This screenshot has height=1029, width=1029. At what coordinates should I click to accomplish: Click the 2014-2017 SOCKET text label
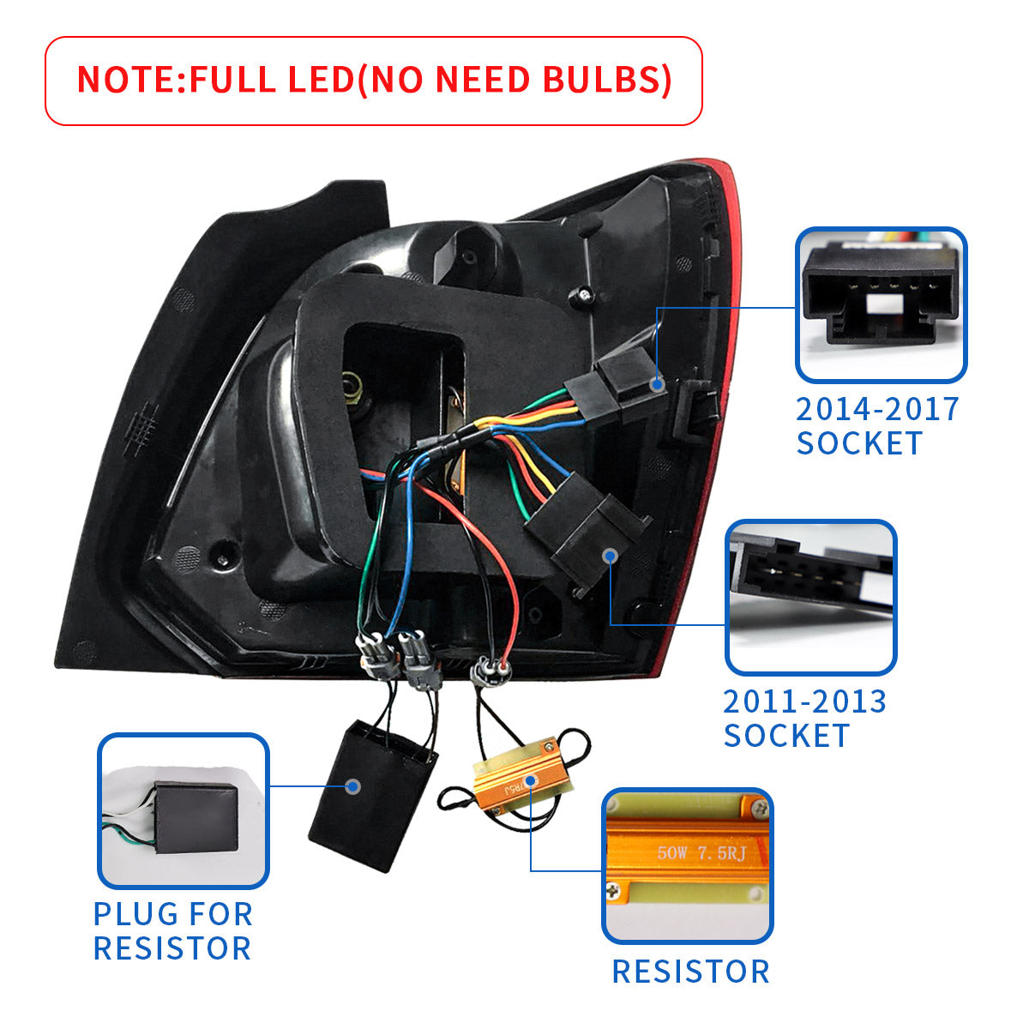coord(876,426)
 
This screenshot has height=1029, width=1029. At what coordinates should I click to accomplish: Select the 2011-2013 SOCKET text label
coord(804,719)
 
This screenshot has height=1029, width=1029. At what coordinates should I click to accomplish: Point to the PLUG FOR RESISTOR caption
coord(172,931)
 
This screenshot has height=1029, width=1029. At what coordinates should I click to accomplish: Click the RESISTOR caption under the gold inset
coord(690,972)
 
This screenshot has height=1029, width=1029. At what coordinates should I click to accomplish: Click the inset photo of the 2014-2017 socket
coord(881,304)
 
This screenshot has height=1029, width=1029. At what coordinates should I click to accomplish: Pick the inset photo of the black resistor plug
coord(184,810)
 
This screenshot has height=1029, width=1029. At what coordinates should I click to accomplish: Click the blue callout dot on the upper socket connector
coord(657,385)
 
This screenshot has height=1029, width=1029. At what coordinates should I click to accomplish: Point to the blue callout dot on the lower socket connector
coord(611,556)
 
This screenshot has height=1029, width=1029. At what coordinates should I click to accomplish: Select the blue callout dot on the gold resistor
coord(530,780)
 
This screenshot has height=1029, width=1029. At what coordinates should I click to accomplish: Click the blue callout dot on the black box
coord(352,786)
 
